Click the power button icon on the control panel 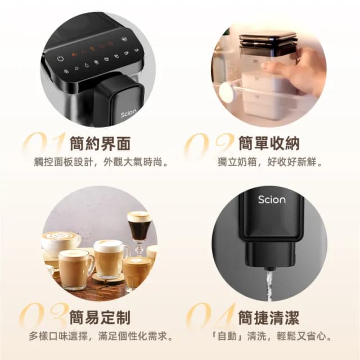[60, 58]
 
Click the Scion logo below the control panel [128, 113]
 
